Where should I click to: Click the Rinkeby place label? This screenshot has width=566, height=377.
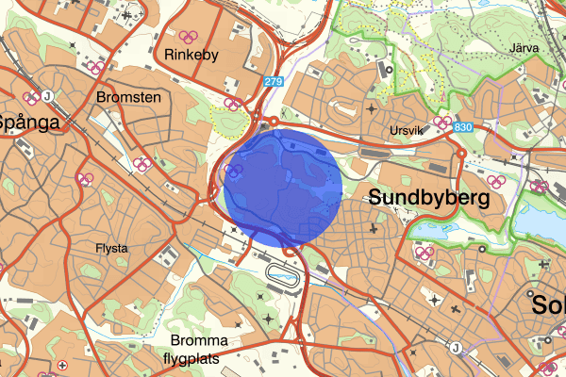coord(191,55)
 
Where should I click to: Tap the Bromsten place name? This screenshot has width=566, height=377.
coord(129,97)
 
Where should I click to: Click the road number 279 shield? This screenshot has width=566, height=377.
coord(273,82)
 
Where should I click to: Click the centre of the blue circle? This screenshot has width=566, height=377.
coord(283,188)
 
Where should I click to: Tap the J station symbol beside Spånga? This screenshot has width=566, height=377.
coord(45,95)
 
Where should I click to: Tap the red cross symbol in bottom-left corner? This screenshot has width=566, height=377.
coord(62,366)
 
